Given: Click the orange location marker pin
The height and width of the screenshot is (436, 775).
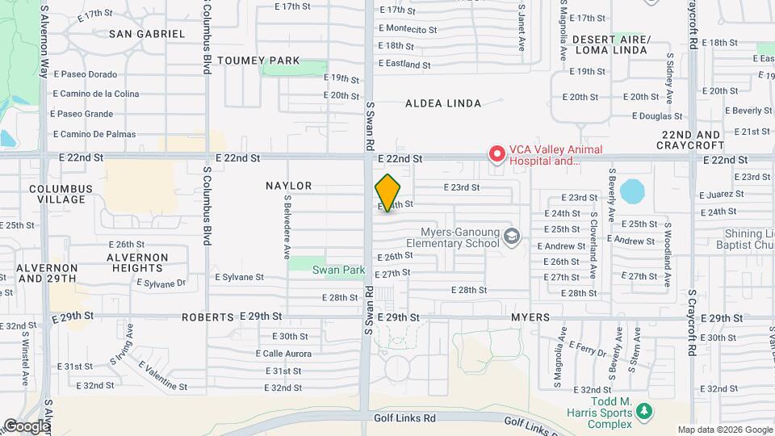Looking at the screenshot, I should (x=387, y=193).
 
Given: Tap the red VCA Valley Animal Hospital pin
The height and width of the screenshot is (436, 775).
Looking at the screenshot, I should (x=497, y=153).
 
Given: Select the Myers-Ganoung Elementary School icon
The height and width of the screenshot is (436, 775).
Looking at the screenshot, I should (x=511, y=236).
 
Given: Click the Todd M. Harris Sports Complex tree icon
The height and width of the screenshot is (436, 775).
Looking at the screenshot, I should (x=643, y=413).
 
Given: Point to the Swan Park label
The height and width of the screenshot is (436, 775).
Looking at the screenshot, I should (x=339, y=270).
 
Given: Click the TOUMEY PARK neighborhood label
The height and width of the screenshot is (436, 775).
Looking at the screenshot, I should (x=258, y=61).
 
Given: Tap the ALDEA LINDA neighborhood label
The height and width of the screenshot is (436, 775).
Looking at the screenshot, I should (x=443, y=103).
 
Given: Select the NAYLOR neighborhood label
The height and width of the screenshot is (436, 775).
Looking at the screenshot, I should (x=288, y=186).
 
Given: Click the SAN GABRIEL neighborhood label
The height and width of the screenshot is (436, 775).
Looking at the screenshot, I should (x=146, y=34).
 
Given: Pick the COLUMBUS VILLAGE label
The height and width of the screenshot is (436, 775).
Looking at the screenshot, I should (x=61, y=194).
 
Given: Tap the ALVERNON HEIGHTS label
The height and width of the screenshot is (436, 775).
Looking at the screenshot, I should (x=138, y=262).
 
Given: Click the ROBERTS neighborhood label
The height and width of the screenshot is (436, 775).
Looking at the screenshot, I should (x=207, y=317).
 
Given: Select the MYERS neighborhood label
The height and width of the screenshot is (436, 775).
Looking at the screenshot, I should (x=530, y=317).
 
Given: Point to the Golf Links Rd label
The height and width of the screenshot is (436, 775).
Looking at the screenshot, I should (x=404, y=418).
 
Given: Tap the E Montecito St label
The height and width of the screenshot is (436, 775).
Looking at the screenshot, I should (x=408, y=29).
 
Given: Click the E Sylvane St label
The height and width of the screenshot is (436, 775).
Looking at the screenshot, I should (x=239, y=277).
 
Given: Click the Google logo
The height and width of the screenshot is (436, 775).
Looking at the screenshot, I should (x=27, y=426).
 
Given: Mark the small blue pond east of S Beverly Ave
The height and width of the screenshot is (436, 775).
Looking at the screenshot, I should (x=632, y=192).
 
